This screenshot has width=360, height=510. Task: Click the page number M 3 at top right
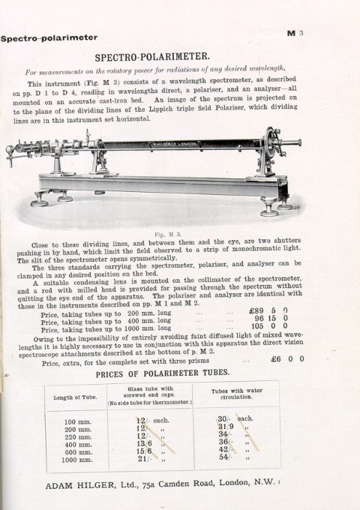click(x=294, y=33)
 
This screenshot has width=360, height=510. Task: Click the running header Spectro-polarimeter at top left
click(x=49, y=37)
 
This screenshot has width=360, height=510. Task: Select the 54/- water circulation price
click(x=224, y=457)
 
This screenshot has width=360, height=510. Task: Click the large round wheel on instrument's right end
click(x=266, y=142)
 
